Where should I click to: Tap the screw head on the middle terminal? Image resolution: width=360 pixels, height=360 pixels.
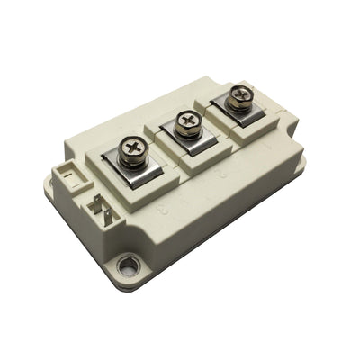tap(188, 118)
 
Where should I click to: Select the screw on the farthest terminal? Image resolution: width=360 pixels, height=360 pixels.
tap(238, 94)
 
